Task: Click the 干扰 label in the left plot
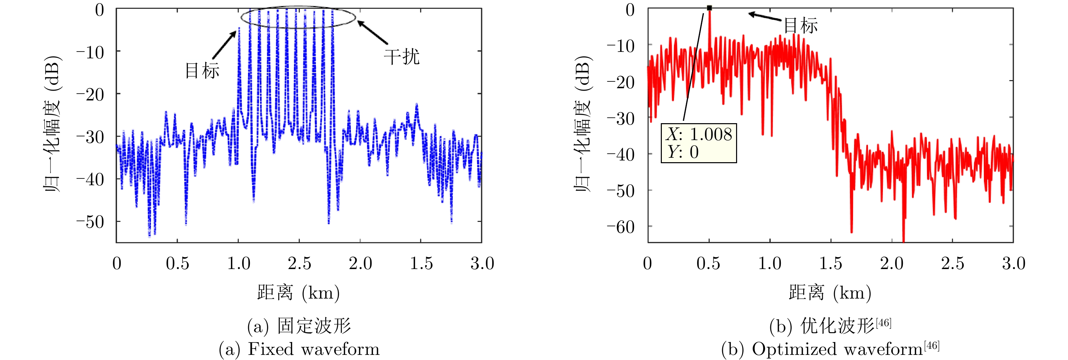pos(401,56)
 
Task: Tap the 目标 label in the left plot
pos(202,71)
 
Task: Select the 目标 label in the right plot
pos(800,26)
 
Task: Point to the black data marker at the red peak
pos(709,8)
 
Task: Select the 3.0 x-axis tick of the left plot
pos(482,264)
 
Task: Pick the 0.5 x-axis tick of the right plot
pos(708,264)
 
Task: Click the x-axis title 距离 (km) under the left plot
pos(298,293)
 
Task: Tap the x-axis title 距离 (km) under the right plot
pos(830,293)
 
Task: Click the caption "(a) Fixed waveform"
pos(299,349)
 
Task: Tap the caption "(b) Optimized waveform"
pos(830,349)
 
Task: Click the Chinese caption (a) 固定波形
pos(299,326)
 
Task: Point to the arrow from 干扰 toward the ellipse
pos(373,32)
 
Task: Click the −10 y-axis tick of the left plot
pos(91,52)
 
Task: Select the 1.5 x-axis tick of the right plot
pos(830,264)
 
